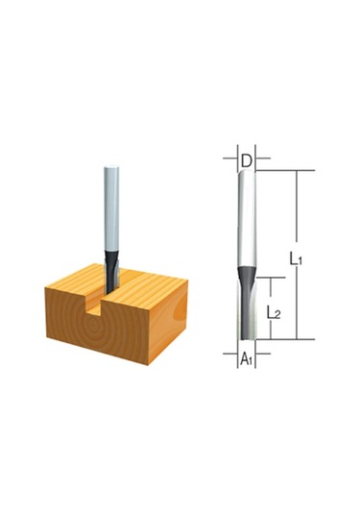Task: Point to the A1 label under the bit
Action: (246, 358)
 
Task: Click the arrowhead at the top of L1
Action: (298, 174)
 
